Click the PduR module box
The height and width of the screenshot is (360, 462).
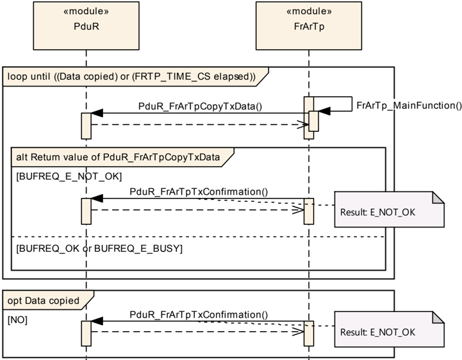[86, 26]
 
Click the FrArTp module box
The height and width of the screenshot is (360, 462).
[309, 26]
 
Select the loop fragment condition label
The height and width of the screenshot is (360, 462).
[131, 77]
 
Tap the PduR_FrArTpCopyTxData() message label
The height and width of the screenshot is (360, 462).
[200, 106]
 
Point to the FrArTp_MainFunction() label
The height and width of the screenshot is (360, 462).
[409, 106]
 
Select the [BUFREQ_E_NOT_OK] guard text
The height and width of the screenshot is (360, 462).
[69, 176]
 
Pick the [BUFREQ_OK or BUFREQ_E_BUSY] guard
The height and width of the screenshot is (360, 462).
[99, 249]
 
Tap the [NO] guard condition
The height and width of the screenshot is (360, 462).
[17, 320]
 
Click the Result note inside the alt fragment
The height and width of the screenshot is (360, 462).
[389, 209]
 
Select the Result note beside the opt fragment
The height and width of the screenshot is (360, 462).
[389, 329]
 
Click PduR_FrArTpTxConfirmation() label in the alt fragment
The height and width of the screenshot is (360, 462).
[199, 192]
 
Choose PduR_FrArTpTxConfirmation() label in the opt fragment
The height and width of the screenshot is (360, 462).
[199, 315]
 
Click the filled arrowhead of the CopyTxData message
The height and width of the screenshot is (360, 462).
[97, 113]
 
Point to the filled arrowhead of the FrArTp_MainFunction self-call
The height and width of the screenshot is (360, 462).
[324, 111]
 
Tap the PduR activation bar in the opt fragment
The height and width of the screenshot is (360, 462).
[86, 334]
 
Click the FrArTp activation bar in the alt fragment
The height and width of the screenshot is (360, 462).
[309, 211]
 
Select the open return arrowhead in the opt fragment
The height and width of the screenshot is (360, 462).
[298, 332]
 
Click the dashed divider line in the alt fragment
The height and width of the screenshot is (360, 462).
[198, 236]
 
